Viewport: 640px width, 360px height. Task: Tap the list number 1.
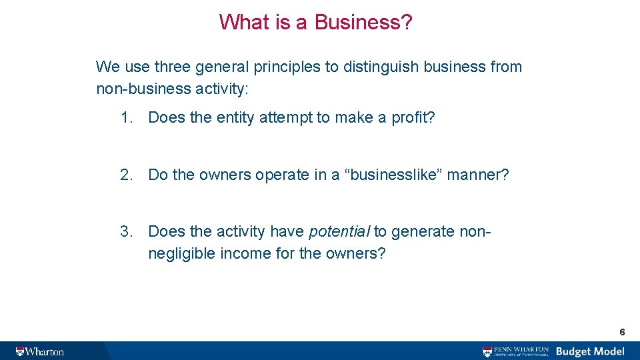click(126, 118)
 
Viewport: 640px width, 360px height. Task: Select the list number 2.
click(126, 175)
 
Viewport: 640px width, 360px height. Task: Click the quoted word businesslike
click(392, 175)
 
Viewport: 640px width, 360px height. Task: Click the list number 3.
click(126, 232)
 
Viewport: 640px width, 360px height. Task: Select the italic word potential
click(339, 232)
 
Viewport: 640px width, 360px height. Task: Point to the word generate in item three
click(423, 232)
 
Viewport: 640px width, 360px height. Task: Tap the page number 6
click(622, 331)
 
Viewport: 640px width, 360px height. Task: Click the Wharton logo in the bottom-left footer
click(40, 351)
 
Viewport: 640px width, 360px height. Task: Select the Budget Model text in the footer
click(590, 351)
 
